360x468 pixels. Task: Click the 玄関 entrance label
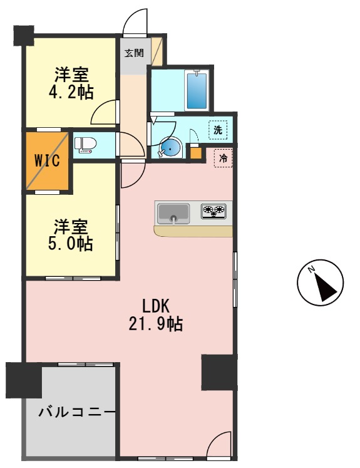coord(133,53)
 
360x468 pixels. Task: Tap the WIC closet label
coord(47,160)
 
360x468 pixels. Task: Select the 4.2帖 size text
coord(71,93)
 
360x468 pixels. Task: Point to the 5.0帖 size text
coord(71,244)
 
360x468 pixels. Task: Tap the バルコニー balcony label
coord(77,412)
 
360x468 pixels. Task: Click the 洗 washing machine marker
coord(217,130)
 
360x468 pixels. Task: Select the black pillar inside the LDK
coord(219,372)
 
